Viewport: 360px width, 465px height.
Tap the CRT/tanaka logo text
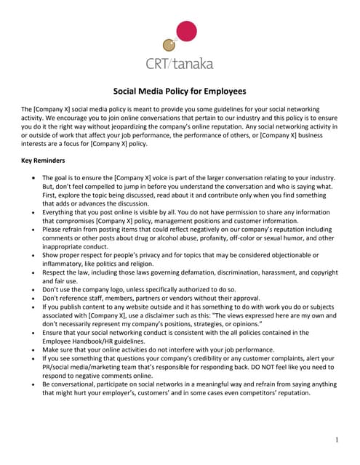(x=180, y=64)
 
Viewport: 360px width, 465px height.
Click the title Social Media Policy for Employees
(x=179, y=92)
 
